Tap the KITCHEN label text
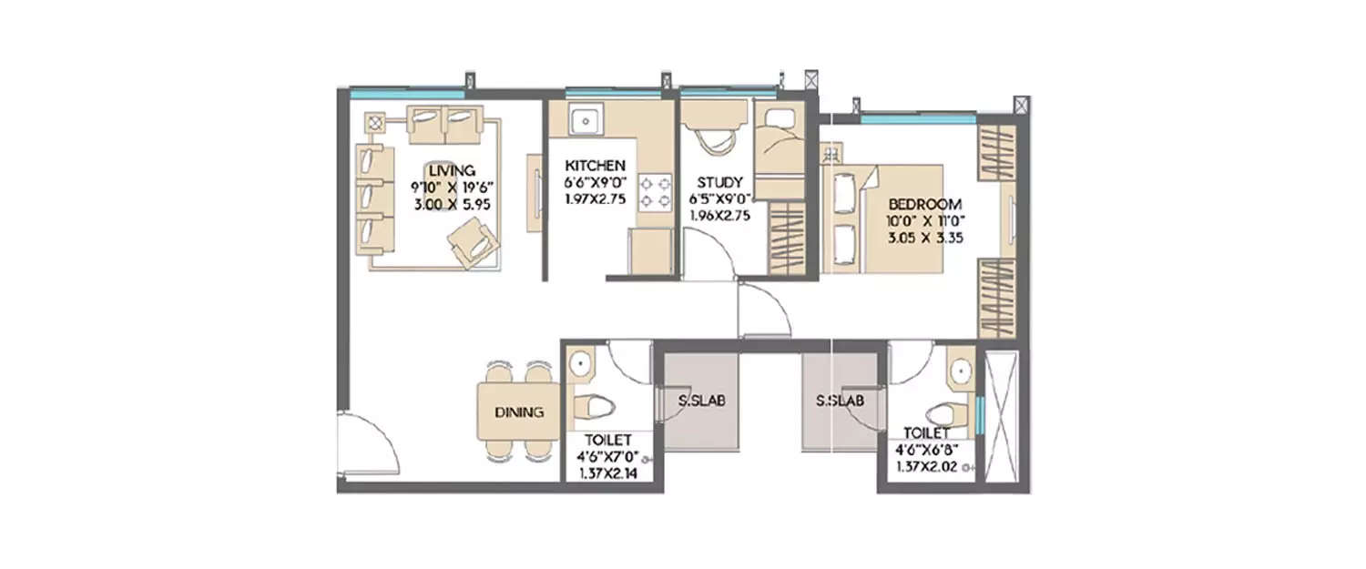(595, 166)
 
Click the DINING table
(518, 412)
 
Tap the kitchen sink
(583, 119)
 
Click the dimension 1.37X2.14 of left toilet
(608, 472)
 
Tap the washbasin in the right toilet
(959, 371)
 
